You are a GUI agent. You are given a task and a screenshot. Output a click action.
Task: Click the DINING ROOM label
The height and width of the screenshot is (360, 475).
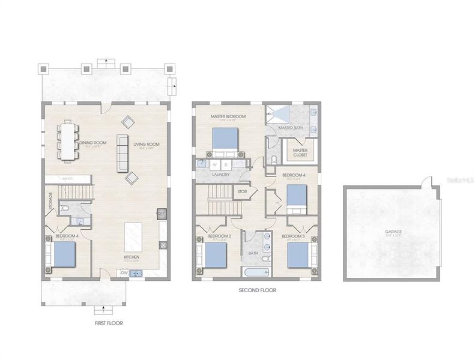[91, 143]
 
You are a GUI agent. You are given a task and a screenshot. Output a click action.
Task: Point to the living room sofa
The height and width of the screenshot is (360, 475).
[123, 151]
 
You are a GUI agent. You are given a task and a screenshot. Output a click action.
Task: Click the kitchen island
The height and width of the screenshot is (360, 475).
[132, 236]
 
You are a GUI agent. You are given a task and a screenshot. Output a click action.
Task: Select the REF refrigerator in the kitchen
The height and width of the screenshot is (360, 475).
[162, 213]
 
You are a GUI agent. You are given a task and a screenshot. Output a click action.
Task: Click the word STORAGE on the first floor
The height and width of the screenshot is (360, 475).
[50, 202]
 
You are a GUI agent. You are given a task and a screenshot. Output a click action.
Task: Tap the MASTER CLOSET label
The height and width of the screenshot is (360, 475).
[300, 152]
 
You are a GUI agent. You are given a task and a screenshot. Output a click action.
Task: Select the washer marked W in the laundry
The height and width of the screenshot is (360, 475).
[214, 163]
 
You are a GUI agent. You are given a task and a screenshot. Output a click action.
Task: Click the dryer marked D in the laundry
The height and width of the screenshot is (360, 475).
[225, 163]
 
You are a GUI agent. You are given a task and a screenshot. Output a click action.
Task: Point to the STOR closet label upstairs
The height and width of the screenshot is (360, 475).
[242, 192]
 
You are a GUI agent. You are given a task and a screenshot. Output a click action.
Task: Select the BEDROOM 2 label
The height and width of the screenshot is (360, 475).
[220, 236]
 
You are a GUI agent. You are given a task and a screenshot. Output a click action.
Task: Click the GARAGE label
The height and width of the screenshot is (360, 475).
[393, 231]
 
